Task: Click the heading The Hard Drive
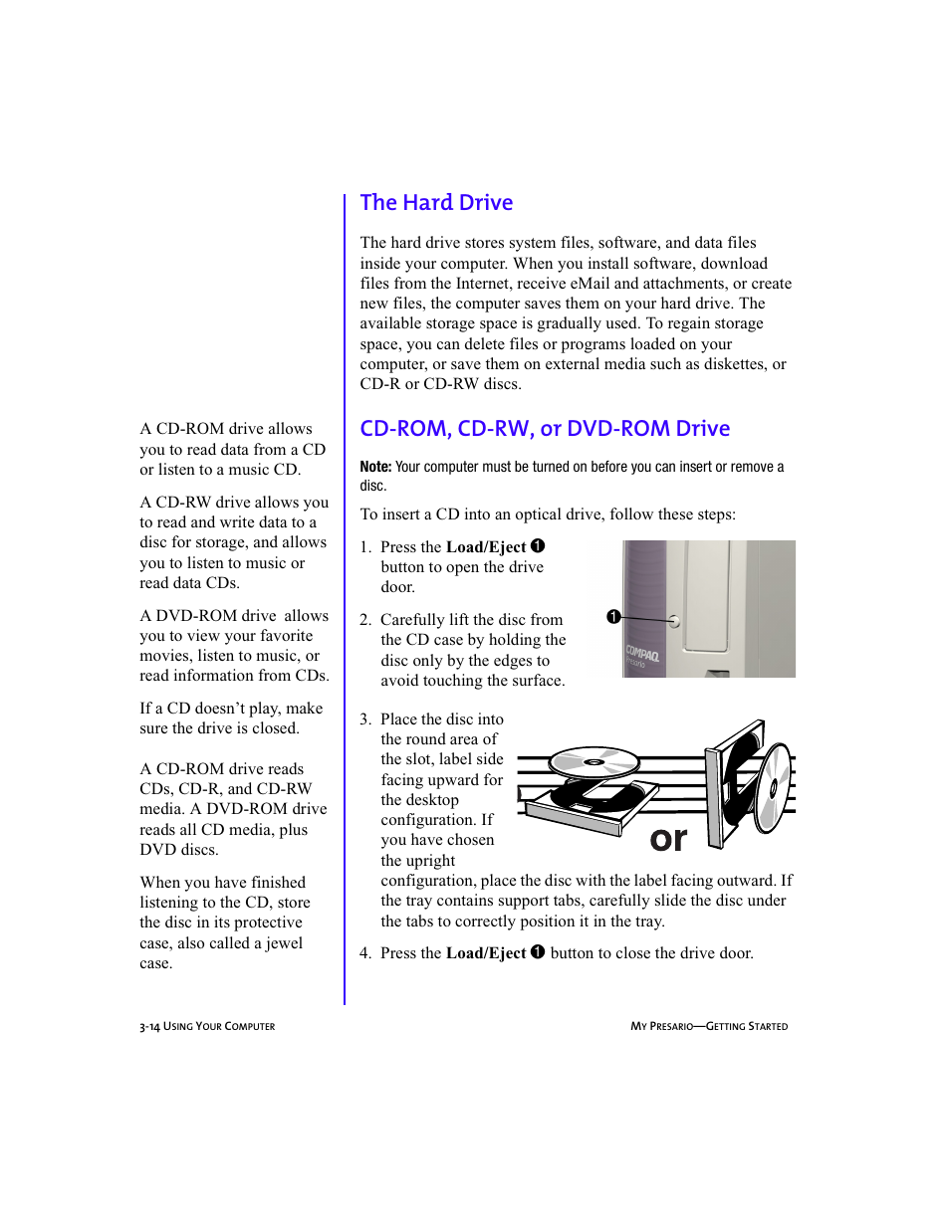[x=436, y=203]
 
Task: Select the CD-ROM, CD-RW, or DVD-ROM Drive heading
[x=545, y=429]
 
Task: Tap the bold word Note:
[x=375, y=467]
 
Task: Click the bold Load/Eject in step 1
[x=485, y=547]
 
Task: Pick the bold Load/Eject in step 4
[x=485, y=953]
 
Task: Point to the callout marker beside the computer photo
[x=614, y=617]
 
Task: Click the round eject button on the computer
[x=675, y=622]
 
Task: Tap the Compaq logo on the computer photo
[x=642, y=654]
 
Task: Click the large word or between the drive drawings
[x=668, y=839]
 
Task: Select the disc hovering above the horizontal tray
[x=594, y=763]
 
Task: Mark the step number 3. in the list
[x=365, y=719]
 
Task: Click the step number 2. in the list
[x=365, y=620]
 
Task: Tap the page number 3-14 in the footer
[x=149, y=1026]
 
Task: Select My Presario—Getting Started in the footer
[x=708, y=1026]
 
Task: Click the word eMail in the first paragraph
[x=590, y=284]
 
